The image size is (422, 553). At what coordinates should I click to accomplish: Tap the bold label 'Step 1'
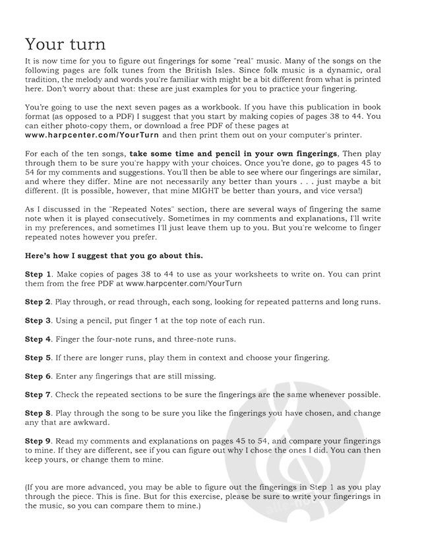coord(38,273)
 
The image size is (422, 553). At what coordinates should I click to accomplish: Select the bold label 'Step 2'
coord(38,302)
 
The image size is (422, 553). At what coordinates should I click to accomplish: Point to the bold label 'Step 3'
coord(38,320)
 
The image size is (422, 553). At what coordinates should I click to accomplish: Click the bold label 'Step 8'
coord(38,413)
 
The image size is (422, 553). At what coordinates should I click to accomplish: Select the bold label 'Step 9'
coord(38,440)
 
